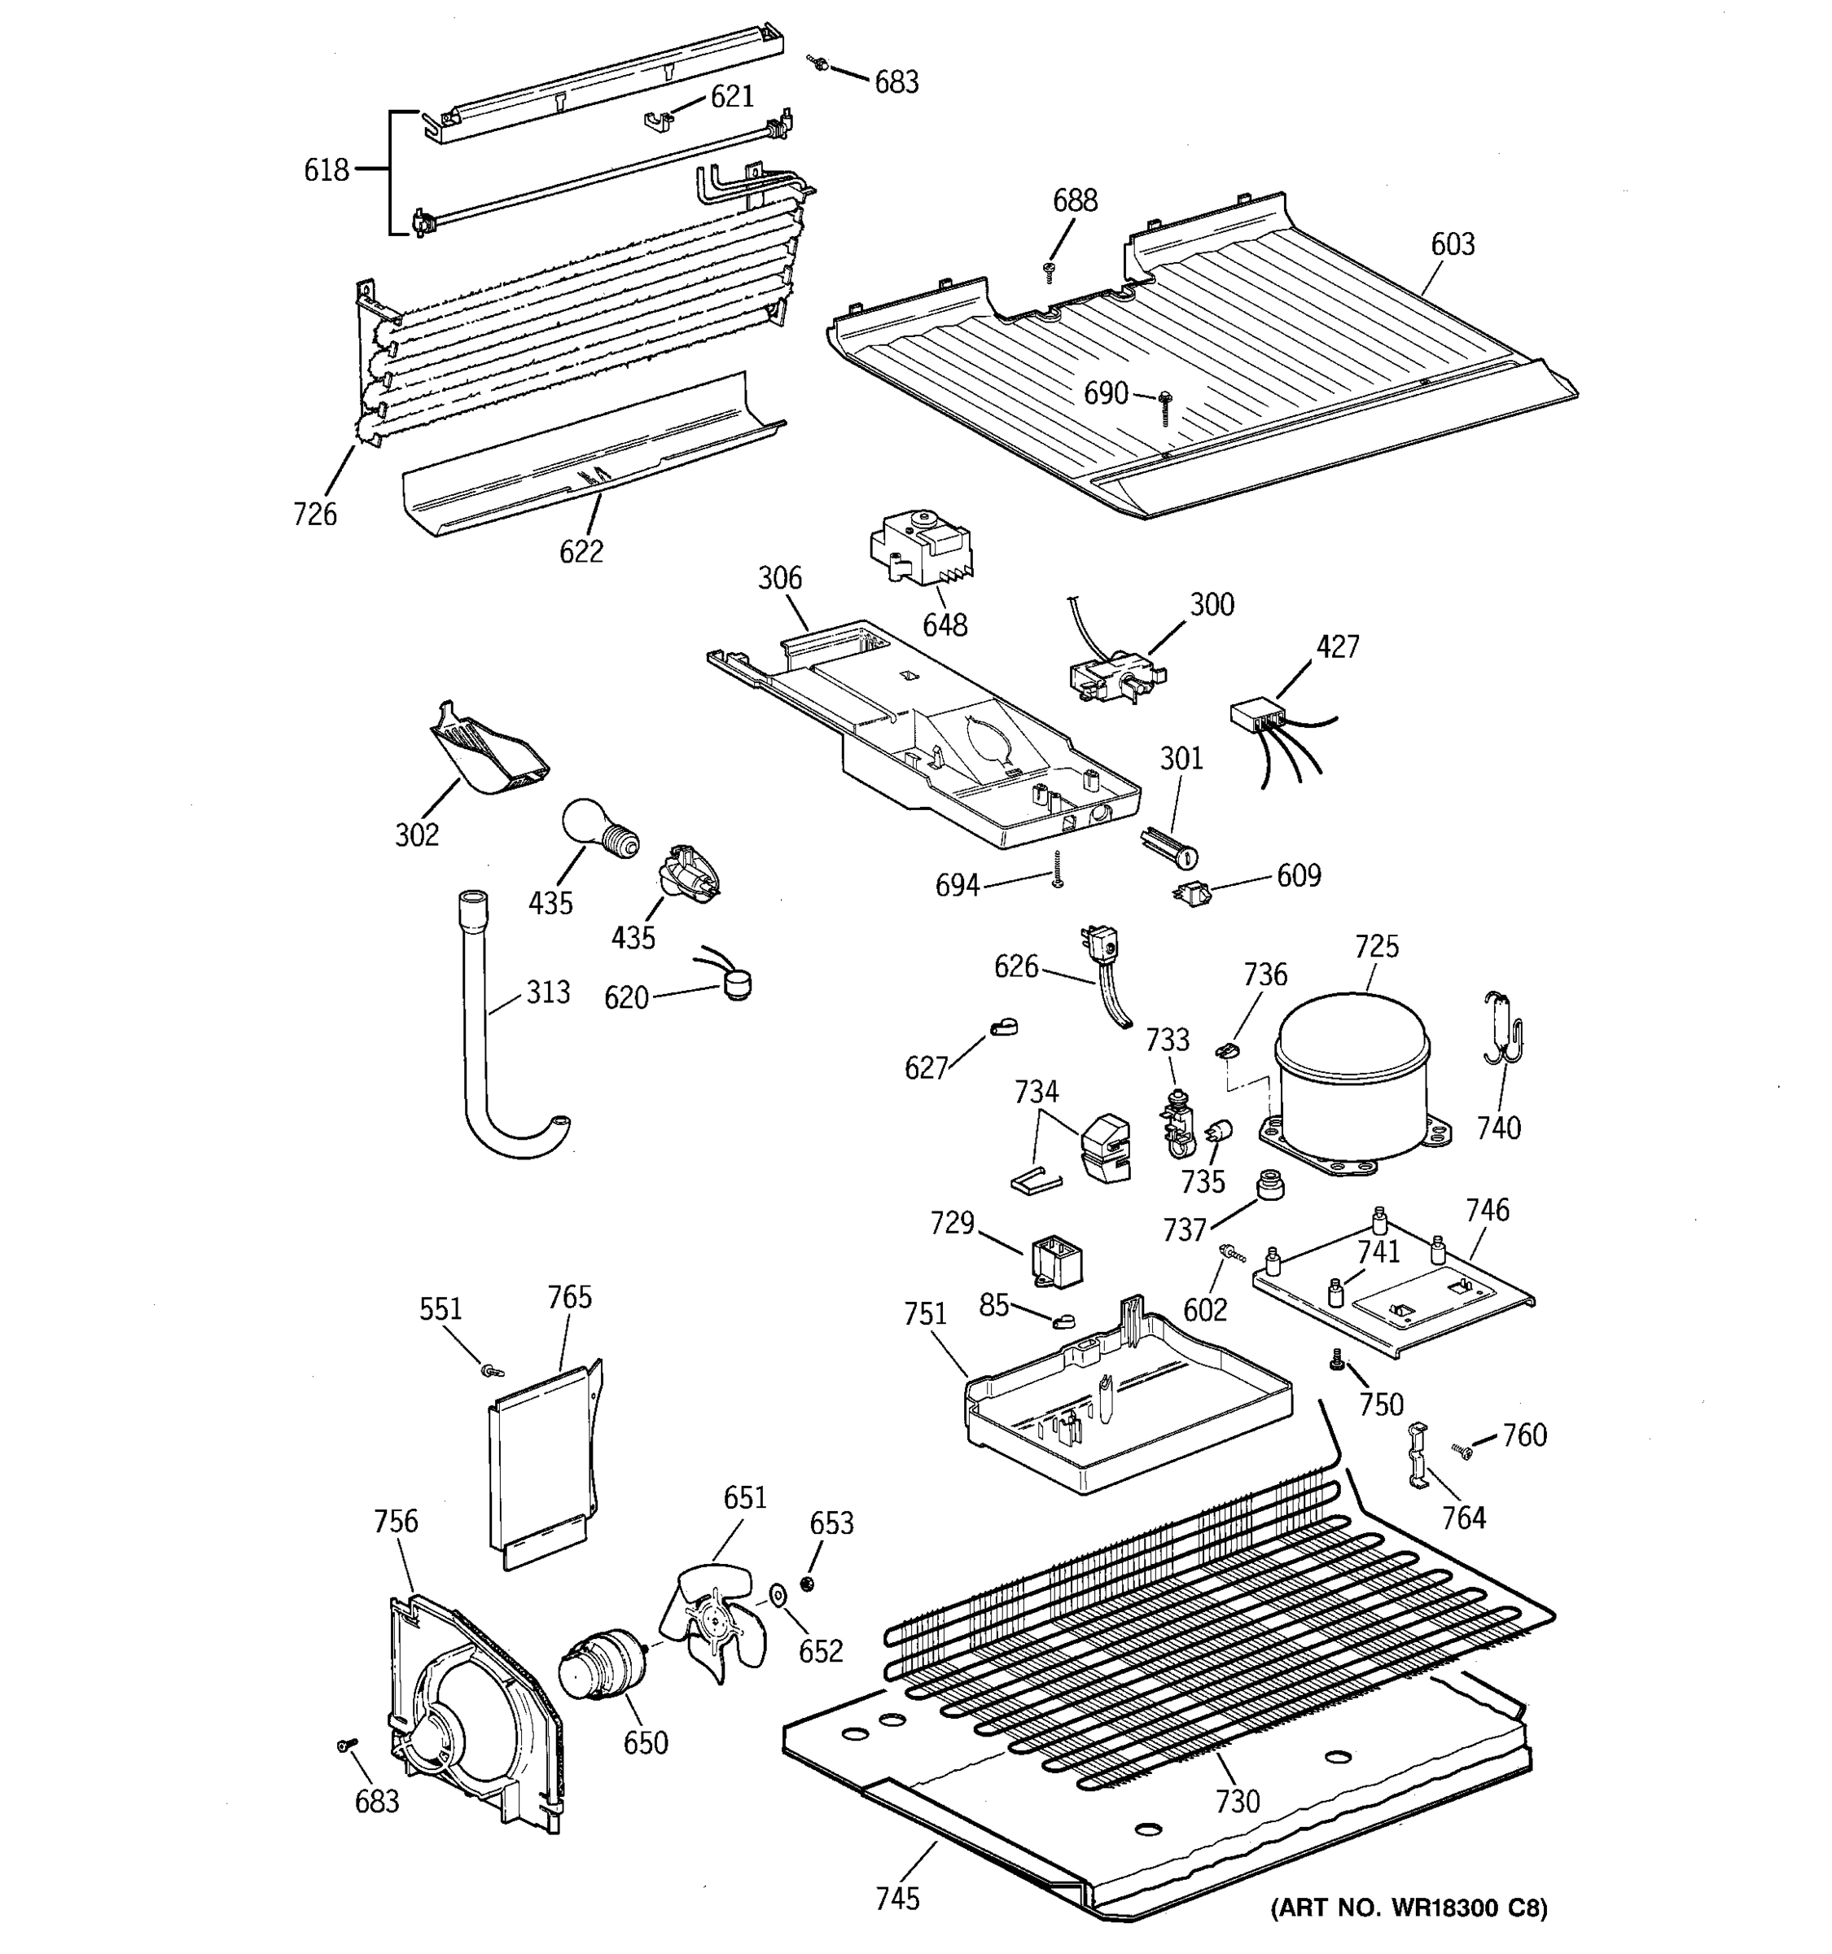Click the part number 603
coord(1452,243)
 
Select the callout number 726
coord(314,514)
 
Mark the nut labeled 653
coord(807,1581)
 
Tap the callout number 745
coord(897,1898)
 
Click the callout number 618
coord(326,170)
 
